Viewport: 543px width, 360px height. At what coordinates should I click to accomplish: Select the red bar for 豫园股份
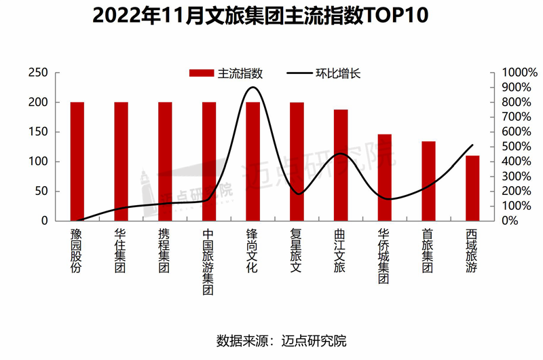point(77,162)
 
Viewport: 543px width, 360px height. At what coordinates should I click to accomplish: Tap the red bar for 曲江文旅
point(341,165)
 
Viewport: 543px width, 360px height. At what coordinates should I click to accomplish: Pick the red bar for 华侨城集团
point(385,177)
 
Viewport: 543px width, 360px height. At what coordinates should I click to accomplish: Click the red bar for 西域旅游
point(472,188)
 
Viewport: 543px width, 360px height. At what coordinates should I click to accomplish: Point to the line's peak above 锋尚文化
point(253,87)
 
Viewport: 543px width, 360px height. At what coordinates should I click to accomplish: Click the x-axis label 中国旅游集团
point(208,262)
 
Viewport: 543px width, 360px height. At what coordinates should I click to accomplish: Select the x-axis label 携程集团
point(165,251)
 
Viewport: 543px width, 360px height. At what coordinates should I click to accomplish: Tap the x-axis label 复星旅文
point(297,251)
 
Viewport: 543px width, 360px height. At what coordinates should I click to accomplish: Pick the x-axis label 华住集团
point(121,251)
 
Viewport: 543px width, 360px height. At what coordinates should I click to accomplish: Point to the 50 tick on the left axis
point(41,191)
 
